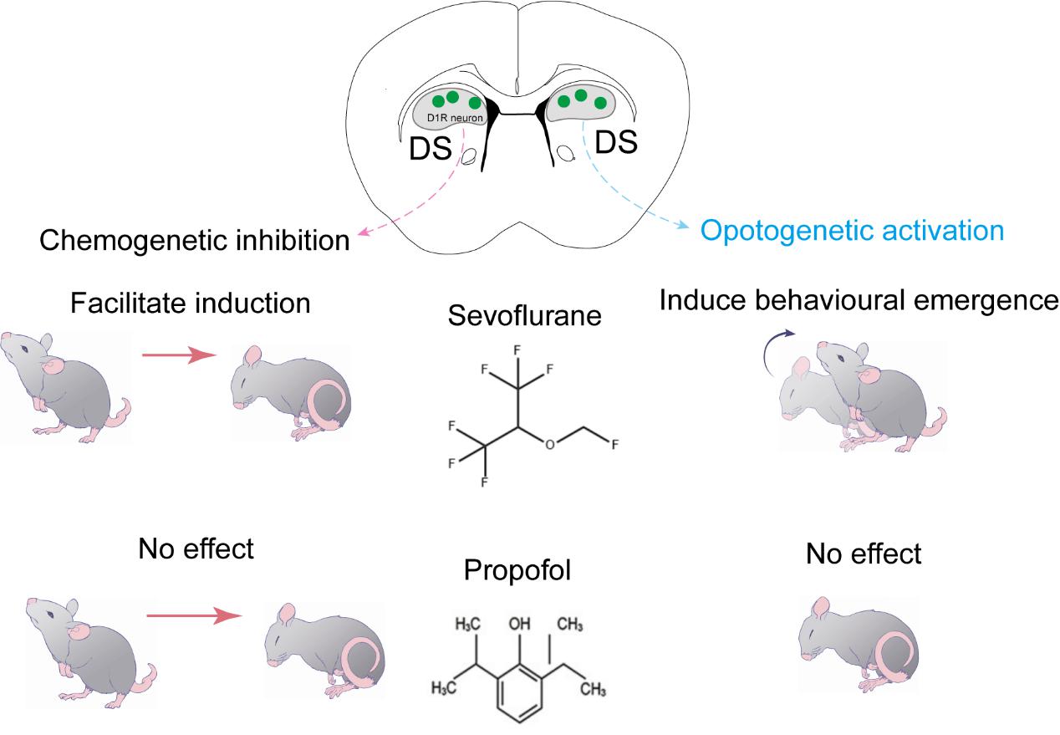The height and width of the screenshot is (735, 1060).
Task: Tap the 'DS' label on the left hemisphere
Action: point(431,150)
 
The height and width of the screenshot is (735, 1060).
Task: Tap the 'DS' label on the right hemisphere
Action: point(615,143)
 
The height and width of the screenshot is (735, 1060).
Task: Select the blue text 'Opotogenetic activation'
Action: point(852,229)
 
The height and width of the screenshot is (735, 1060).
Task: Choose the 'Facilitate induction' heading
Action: point(190,302)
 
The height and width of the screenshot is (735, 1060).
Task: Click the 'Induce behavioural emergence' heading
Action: point(859,300)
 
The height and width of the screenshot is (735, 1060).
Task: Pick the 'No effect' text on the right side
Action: point(864,553)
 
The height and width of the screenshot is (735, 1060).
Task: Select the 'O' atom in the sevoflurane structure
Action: point(549,444)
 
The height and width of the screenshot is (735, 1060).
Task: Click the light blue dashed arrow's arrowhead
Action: point(686,227)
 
